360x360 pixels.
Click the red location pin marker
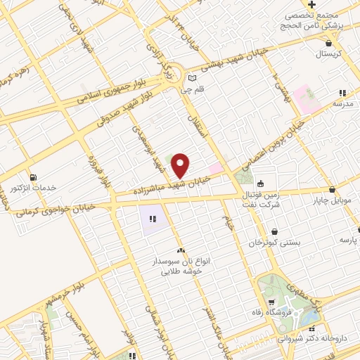tap(181, 165)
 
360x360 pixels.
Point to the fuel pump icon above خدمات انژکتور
tap(32, 176)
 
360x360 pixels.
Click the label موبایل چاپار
tap(330, 201)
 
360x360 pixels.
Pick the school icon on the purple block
tap(152, 219)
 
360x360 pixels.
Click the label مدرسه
tap(342, 104)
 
